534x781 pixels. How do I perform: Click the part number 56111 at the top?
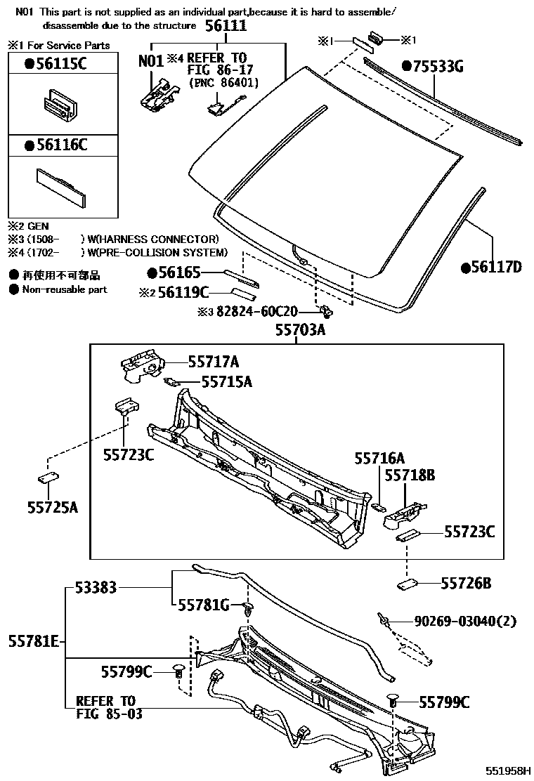tap(226, 26)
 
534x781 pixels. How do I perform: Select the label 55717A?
tap(213, 362)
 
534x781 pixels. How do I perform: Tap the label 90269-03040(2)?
tap(465, 622)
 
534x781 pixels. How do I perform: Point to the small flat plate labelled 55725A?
tap(47, 478)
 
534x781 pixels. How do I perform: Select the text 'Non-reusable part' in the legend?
tap(65, 289)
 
